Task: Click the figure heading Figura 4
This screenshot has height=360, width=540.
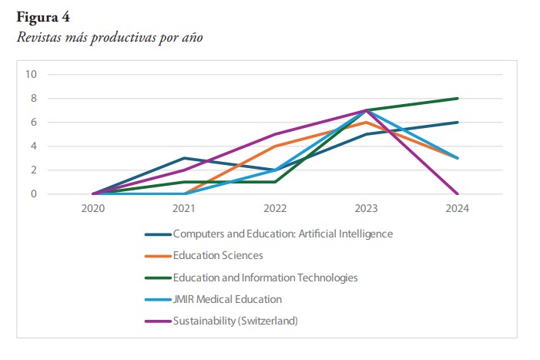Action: click(43, 17)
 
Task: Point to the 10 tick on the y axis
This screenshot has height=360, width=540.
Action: click(31, 74)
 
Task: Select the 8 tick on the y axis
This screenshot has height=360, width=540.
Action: click(34, 98)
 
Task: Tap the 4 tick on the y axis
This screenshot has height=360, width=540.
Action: click(34, 146)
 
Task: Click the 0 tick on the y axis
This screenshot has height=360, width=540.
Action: click(34, 194)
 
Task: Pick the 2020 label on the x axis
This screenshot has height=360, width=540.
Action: click(93, 208)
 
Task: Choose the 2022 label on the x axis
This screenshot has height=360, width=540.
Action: click(275, 208)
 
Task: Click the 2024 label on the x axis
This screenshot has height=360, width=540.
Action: click(458, 208)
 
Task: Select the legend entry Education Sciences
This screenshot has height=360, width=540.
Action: click(218, 256)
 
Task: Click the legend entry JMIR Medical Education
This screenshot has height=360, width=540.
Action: click(227, 299)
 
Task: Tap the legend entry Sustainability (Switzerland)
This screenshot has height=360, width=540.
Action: click(235, 321)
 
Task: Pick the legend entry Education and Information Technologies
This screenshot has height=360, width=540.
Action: click(265, 278)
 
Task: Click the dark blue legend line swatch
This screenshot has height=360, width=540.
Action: click(158, 234)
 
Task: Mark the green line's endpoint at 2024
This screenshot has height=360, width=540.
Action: click(458, 98)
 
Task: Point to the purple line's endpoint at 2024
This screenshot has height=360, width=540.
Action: click(458, 193)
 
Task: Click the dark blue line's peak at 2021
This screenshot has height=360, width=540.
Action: click(184, 158)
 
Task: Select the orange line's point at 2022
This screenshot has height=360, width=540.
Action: click(275, 146)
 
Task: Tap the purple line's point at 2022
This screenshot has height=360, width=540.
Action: click(275, 134)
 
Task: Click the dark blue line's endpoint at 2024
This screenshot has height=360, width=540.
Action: click(458, 123)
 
